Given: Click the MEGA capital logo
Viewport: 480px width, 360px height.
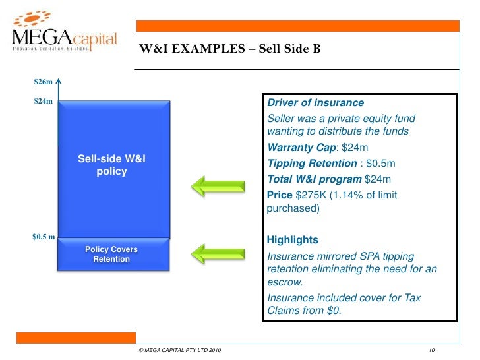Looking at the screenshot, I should tap(64, 33).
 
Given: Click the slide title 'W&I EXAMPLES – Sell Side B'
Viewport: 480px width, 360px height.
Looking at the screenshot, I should tap(229, 48).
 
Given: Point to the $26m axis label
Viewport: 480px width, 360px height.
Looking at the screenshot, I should tap(42, 82).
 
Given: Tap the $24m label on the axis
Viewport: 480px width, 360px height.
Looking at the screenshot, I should tap(42, 102).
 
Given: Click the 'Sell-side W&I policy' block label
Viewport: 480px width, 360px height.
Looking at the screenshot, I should tap(107, 165).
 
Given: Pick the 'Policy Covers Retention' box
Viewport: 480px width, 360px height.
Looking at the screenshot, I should tap(111, 254).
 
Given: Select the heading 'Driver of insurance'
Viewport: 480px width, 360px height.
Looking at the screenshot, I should tap(315, 103).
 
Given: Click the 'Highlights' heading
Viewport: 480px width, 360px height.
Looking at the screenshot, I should tap(293, 239).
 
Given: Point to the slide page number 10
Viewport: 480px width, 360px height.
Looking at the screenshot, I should tap(432, 349).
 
